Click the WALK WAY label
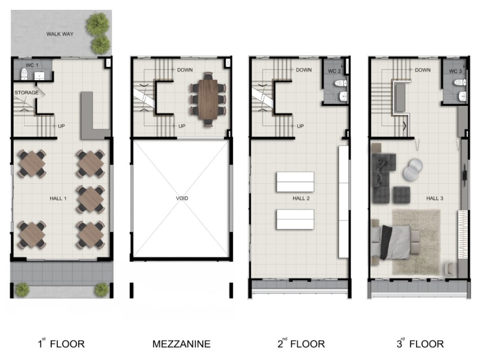click(x=60, y=34)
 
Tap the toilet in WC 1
click(x=24, y=74)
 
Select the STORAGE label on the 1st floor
click(x=27, y=93)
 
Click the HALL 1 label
click(x=58, y=198)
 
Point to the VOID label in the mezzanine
click(x=182, y=198)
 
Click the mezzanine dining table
click(x=208, y=99)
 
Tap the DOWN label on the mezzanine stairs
click(x=185, y=70)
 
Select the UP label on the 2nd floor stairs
click(x=300, y=126)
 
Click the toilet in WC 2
click(x=341, y=83)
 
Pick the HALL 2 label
click(x=301, y=198)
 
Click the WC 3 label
click(x=455, y=71)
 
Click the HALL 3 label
click(x=434, y=198)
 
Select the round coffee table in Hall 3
click(x=413, y=169)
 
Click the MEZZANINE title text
click(x=181, y=344)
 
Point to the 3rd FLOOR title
click(x=420, y=344)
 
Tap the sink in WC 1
click(x=39, y=76)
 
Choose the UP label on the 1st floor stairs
click(x=61, y=126)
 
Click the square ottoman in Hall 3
click(x=401, y=194)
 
